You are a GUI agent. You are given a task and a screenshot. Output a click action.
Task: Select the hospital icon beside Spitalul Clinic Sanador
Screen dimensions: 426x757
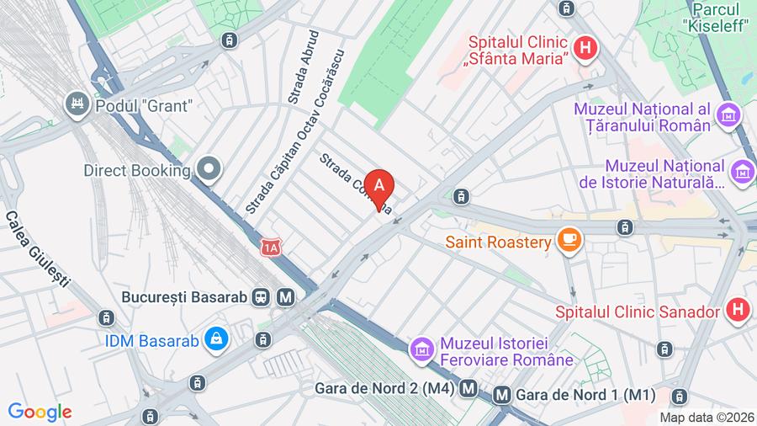pos(737,311)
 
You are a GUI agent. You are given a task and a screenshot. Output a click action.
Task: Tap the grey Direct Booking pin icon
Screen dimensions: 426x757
pos(208,169)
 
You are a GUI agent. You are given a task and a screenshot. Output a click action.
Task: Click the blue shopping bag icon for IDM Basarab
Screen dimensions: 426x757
pos(217,339)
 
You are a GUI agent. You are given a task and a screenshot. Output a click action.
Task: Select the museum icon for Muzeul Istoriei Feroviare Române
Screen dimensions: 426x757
pos(421,348)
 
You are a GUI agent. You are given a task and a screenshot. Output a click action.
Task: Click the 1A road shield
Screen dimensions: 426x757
pos(270,248)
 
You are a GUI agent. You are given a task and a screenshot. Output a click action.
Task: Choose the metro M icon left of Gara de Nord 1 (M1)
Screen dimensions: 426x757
pos(502,394)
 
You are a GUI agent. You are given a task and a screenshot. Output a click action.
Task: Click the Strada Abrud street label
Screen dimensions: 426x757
pos(304,67)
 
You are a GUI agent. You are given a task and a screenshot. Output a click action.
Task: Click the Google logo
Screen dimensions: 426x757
pos(40,412)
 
